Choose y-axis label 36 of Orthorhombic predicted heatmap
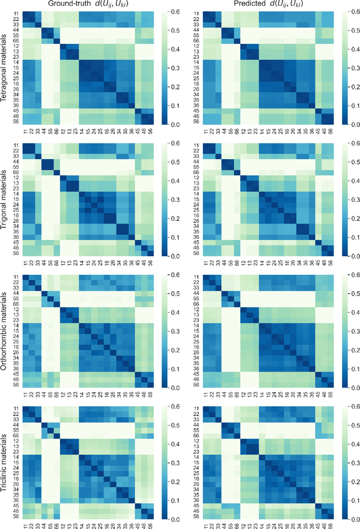pyautogui.click(x=196, y=368)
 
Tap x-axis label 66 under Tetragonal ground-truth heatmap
pyautogui.click(x=56, y=130)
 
